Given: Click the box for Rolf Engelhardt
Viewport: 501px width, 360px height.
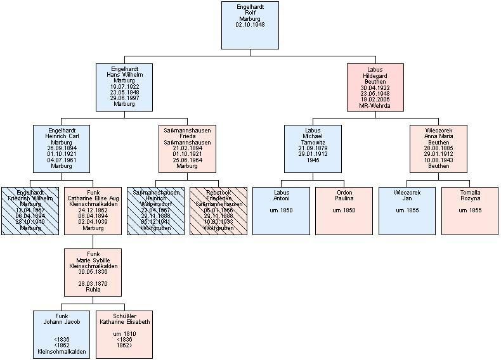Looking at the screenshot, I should point(250,25).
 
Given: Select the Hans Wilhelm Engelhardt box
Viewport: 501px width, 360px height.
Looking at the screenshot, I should point(124,87).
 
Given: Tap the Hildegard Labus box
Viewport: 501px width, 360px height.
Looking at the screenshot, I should point(375,87).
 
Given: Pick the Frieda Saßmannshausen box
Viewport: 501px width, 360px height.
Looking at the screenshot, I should point(187,149).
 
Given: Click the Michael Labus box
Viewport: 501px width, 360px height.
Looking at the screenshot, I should point(313,149).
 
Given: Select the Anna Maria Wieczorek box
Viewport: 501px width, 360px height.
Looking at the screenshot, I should point(438,149).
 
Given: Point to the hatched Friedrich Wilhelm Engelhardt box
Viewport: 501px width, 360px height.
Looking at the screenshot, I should point(29,211).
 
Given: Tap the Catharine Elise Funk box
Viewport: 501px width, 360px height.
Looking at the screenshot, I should point(93,211).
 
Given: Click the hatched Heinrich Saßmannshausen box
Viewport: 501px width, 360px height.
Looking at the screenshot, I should point(155,211).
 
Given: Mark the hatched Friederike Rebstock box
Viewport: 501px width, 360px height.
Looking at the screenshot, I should point(218,211).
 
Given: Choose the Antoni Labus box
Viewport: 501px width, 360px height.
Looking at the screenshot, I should point(281,211).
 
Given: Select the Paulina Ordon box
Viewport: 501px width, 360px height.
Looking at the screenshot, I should point(344,211).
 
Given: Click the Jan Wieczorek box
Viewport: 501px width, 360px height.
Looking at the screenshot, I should point(407,211).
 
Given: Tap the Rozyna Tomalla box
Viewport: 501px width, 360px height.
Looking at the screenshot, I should point(469,211).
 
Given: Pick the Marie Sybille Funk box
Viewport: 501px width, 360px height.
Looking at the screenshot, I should point(93,273).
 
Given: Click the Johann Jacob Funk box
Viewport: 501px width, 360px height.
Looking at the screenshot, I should point(61,333).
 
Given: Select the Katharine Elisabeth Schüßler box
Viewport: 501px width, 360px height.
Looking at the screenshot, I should point(124,333).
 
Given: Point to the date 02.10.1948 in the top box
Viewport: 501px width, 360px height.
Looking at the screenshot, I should point(250,25).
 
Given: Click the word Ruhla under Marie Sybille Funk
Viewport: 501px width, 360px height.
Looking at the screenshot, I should point(93,290).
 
